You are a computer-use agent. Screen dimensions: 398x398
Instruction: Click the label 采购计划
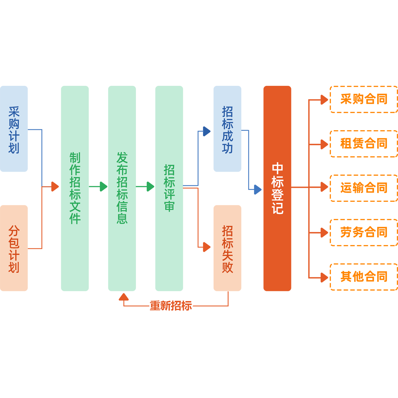(x=14, y=130)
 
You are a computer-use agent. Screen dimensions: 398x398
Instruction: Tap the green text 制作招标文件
(x=75, y=188)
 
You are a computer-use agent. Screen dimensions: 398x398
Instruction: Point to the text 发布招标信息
(x=122, y=188)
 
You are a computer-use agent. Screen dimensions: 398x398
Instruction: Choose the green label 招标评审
(x=169, y=188)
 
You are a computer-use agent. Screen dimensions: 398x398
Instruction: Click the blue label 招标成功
(x=227, y=130)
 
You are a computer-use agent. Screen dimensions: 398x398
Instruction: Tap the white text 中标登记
(x=277, y=188)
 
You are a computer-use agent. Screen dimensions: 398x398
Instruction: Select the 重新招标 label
(x=171, y=306)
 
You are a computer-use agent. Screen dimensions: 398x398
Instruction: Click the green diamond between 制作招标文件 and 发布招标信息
(x=99, y=187)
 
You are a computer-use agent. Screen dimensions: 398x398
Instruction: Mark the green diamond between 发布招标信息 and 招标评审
(x=146, y=187)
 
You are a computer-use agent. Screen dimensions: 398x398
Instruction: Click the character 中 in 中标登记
(x=277, y=169)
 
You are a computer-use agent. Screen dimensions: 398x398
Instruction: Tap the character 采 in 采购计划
(x=14, y=112)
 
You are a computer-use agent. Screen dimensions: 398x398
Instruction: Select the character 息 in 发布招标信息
(x=122, y=218)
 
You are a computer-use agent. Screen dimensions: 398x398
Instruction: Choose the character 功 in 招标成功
(x=227, y=148)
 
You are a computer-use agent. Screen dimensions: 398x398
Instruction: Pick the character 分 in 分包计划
(x=14, y=231)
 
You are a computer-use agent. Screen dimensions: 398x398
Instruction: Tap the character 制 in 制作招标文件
(x=75, y=158)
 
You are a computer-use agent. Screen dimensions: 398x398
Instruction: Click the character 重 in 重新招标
(x=155, y=306)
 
